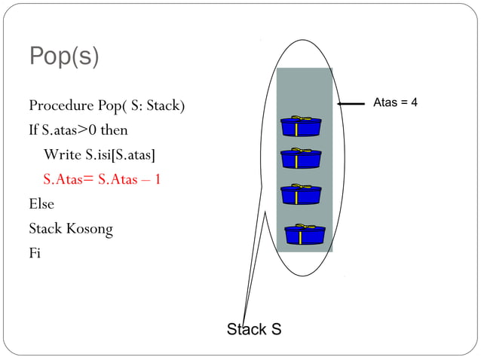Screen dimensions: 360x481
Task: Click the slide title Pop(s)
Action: tap(63, 57)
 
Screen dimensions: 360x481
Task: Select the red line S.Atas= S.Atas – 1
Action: tap(102, 179)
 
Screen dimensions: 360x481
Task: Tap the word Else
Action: tap(41, 203)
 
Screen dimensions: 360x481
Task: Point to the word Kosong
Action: tap(91, 228)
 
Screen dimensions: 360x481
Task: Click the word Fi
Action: tap(35, 253)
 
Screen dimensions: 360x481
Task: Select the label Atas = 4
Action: tap(395, 102)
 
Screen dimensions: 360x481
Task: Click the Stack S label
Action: tap(254, 329)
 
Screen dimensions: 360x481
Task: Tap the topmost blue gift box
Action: tap(301, 127)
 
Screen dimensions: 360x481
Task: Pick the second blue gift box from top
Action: tap(300, 158)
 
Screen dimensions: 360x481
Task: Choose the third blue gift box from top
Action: tap(300, 194)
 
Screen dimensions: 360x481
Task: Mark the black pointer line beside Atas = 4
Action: tap(351, 104)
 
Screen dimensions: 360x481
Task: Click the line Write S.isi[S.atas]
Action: tap(100, 154)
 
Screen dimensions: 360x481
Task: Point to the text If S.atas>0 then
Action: tap(78, 130)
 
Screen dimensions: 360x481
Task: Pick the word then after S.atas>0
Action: tap(115, 130)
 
